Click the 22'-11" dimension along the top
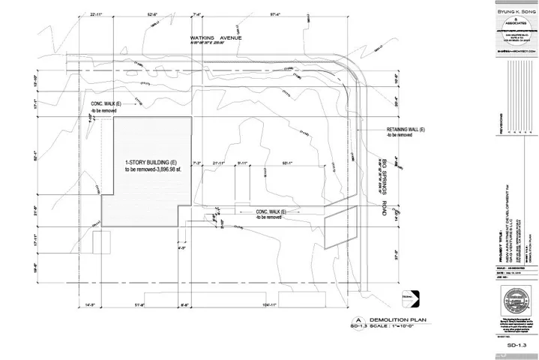[96, 13]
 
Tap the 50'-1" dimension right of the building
[287, 161]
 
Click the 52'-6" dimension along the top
[157, 13]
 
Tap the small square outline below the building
[102, 241]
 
